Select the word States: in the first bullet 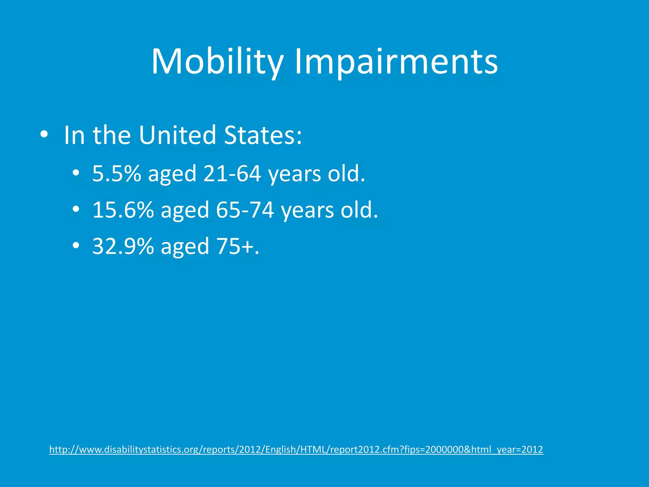pyautogui.click(x=263, y=135)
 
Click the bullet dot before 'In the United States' pyautogui.click(x=44, y=135)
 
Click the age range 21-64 pyautogui.click(x=232, y=174)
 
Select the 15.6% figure pyautogui.click(x=123, y=210)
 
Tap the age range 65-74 pyautogui.click(x=245, y=210)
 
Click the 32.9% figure pyautogui.click(x=123, y=246)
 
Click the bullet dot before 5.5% pyautogui.click(x=75, y=173)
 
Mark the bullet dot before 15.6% pyautogui.click(x=75, y=209)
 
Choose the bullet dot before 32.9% pyautogui.click(x=75, y=246)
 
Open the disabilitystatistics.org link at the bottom pyautogui.click(x=296, y=450)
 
